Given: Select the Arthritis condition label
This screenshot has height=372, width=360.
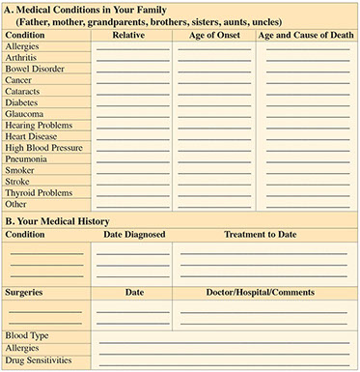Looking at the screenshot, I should pos(21,57).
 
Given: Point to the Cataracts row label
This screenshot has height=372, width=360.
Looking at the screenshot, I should pos(23,91).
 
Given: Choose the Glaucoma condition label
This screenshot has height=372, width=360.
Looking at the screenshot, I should pos(24,113).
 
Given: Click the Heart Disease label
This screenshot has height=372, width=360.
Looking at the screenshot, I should pos(30,136).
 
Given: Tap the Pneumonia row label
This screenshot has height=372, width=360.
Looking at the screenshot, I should pos(26,158).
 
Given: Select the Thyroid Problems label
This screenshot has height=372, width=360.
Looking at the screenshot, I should pos(38,192).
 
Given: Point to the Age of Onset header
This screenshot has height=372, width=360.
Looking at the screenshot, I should pos(213,35).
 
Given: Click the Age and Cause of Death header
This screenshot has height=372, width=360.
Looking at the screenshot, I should pos(305,35).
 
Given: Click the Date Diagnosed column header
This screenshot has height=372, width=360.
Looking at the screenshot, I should pos(134,234).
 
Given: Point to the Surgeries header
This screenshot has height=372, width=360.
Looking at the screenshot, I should pos(26,291).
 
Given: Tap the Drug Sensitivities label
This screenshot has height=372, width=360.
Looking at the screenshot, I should pos(39,360).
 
